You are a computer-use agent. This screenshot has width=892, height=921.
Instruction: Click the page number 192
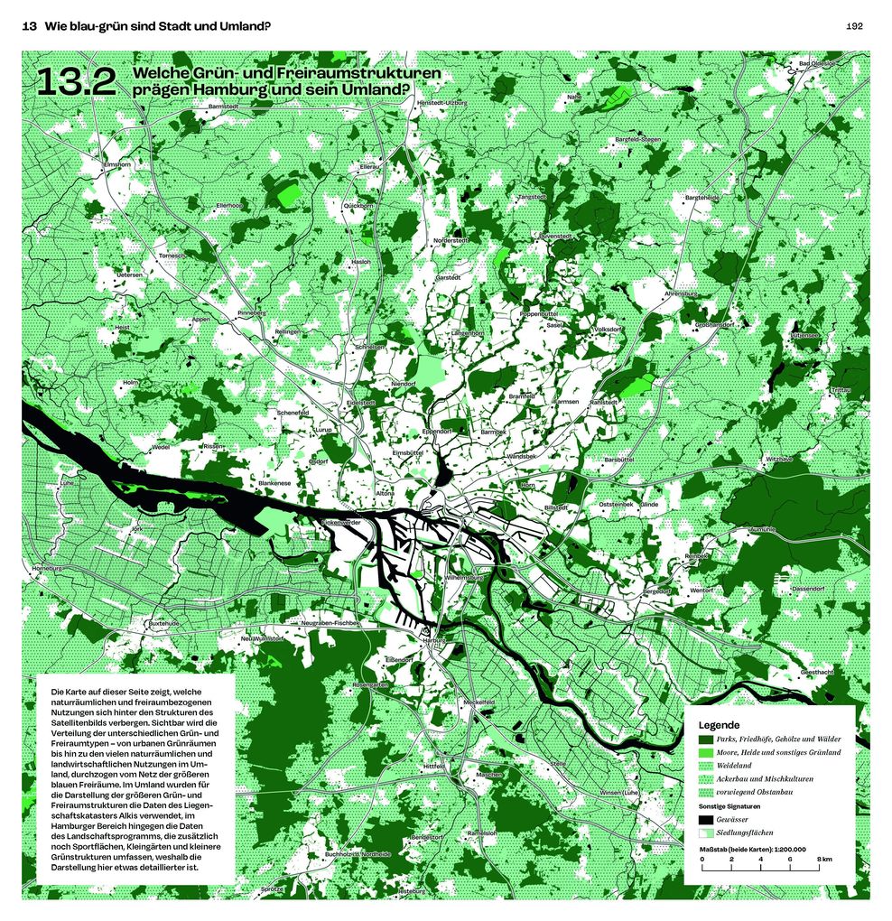click(x=854, y=26)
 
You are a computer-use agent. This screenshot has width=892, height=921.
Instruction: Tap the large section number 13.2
click(x=76, y=82)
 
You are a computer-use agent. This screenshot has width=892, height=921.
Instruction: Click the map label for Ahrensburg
click(x=682, y=293)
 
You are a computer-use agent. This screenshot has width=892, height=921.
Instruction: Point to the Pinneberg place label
click(x=252, y=312)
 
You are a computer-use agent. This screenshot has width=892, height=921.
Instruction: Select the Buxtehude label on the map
click(x=164, y=623)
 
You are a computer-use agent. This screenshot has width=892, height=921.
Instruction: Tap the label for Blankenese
click(x=274, y=483)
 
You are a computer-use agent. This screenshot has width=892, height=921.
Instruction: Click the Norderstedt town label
click(x=451, y=240)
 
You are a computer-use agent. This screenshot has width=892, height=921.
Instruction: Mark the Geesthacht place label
click(x=816, y=672)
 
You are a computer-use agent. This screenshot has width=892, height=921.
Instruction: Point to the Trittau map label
click(x=840, y=390)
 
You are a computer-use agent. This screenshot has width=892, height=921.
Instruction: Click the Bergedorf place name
click(x=656, y=591)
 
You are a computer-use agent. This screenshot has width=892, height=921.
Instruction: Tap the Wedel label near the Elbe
click(x=161, y=446)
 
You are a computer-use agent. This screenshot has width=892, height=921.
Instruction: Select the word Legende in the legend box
click(x=719, y=725)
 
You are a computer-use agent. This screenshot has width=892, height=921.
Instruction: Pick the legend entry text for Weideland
click(x=737, y=765)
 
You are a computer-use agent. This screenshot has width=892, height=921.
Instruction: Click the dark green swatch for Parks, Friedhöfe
click(x=705, y=739)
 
